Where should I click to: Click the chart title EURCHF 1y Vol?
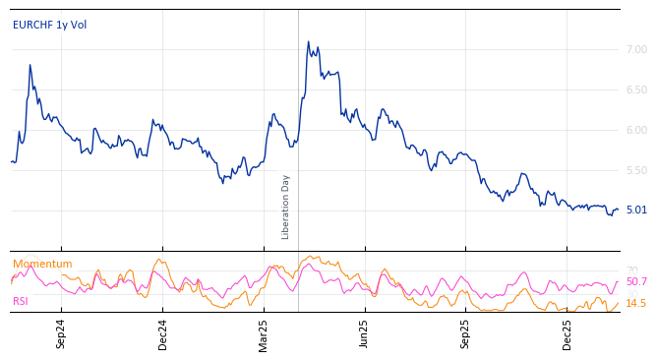click(x=49, y=25)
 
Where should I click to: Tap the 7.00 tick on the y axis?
click(x=637, y=49)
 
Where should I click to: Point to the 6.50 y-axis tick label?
click(x=637, y=90)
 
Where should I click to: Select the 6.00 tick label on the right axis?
click(x=637, y=130)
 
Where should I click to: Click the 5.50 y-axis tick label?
click(x=637, y=170)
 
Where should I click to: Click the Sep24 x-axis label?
click(x=61, y=333)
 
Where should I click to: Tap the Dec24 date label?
click(x=163, y=333)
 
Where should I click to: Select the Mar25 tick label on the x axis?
click(x=264, y=333)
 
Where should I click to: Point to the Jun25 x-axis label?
click(x=365, y=333)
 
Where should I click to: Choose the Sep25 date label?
click(x=466, y=333)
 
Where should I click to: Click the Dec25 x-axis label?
click(x=567, y=333)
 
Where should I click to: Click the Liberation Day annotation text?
click(x=286, y=207)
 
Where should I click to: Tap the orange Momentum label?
click(x=42, y=264)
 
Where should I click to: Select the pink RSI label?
click(x=21, y=301)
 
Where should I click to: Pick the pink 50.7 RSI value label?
click(x=636, y=282)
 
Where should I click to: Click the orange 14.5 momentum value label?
click(x=636, y=303)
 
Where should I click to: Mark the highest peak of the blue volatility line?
click(x=308, y=42)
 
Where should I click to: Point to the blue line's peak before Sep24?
click(x=30, y=65)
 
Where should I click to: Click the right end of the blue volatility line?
click(x=619, y=209)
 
